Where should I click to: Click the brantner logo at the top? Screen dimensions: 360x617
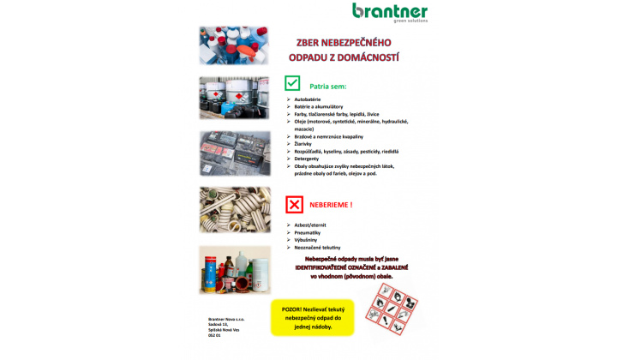tap(390, 12)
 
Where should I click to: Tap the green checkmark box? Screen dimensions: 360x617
tap(293, 83)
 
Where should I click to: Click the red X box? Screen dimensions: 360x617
tap(294, 204)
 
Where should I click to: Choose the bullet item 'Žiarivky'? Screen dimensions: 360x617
tap(306, 143)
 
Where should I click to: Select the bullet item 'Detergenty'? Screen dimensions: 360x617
tap(308, 158)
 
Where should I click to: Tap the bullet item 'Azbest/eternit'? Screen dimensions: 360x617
tap(310, 225)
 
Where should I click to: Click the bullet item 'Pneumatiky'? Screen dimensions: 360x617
tap(308, 232)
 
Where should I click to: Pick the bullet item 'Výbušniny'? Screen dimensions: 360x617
tap(307, 240)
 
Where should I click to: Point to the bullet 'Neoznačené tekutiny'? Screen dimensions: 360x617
tap(316, 248)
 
